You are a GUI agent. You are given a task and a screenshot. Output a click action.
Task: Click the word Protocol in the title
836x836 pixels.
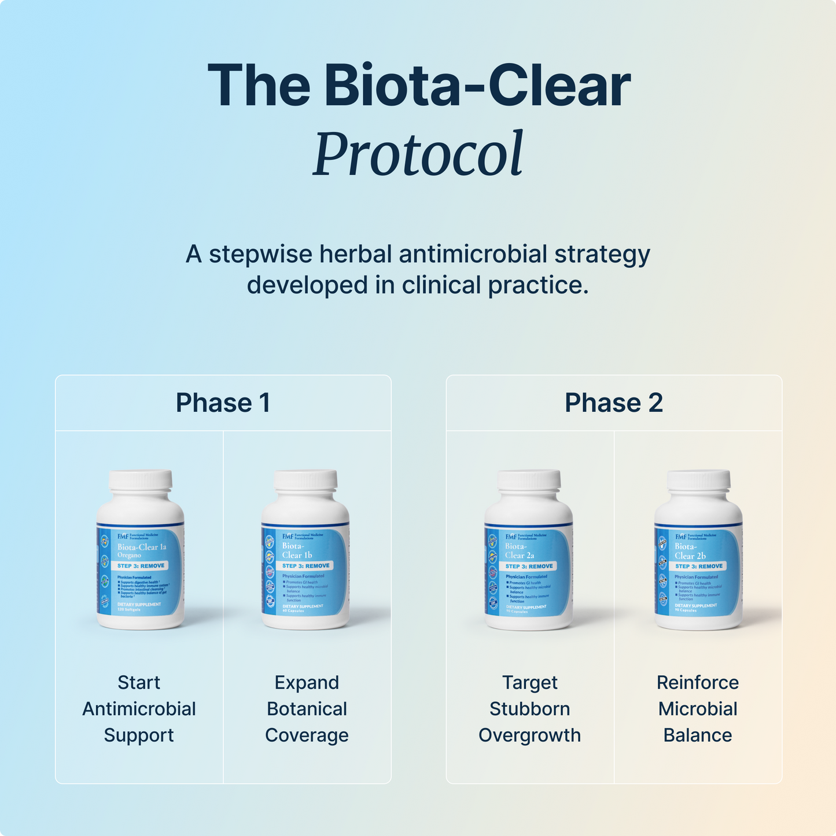[418, 154]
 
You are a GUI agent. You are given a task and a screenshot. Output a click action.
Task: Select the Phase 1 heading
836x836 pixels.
[223, 403]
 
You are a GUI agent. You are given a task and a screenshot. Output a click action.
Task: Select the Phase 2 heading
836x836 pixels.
[613, 403]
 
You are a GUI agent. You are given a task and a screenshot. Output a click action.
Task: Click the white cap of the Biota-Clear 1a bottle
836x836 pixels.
[141, 480]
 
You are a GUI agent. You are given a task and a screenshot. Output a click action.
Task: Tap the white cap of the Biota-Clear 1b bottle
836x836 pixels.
[305, 480]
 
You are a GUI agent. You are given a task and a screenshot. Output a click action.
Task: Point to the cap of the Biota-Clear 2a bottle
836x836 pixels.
[529, 480]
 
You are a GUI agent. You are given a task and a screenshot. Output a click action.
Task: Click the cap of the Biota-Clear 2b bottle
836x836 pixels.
[698, 480]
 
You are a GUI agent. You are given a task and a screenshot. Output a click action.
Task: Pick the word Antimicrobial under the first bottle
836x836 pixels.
[139, 709]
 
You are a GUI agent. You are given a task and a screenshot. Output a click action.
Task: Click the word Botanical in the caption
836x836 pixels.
[307, 709]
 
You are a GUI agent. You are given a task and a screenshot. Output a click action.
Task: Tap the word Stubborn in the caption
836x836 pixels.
[529, 709]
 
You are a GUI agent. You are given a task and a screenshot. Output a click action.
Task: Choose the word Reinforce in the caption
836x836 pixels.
[698, 683]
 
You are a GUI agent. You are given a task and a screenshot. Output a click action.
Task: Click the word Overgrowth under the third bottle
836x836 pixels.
[529, 735]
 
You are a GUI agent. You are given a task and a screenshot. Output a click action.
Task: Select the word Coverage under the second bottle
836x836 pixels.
[307, 735]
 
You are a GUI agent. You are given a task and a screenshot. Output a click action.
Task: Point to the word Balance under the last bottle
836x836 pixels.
[698, 735]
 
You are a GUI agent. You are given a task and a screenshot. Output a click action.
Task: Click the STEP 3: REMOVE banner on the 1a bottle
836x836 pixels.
[141, 566]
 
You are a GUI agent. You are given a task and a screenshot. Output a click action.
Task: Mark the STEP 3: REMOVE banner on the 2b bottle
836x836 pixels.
[699, 566]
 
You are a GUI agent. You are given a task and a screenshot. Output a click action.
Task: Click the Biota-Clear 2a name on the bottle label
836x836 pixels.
[519, 551]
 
